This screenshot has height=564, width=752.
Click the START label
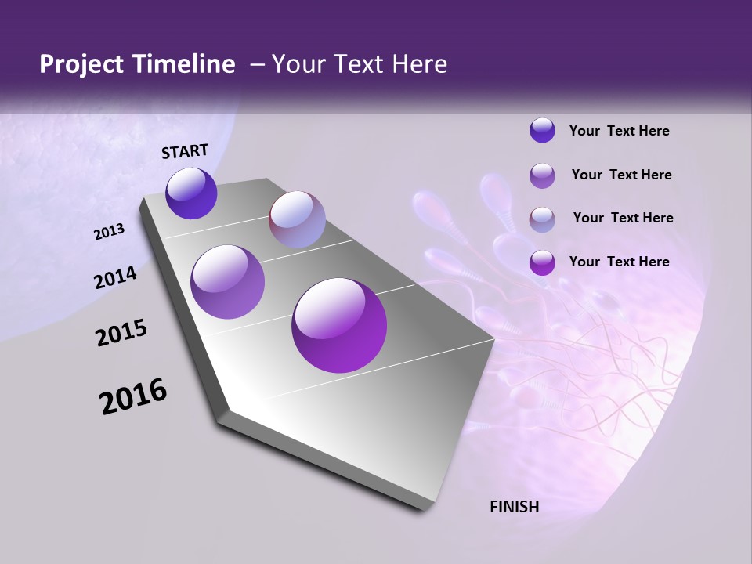point(185,151)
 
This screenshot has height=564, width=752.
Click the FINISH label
point(515,507)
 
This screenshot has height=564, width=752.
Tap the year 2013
point(110,232)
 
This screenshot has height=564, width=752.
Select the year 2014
point(116,278)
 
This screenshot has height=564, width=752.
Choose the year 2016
point(133,396)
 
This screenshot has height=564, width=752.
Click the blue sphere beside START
point(191,193)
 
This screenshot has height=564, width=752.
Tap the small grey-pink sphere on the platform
point(297,219)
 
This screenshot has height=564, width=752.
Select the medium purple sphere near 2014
point(228,282)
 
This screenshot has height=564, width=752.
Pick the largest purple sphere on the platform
point(339,325)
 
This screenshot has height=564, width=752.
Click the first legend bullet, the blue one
point(542,130)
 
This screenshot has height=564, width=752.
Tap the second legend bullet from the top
point(542,175)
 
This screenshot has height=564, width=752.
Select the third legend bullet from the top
point(542,219)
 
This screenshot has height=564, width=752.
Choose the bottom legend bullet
point(542,262)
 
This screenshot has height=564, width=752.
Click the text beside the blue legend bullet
point(619,132)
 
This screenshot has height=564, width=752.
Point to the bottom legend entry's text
point(619,262)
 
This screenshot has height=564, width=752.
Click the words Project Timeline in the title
point(137,64)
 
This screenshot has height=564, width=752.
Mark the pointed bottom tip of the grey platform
point(423,508)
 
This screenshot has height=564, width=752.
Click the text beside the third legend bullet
point(623,218)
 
